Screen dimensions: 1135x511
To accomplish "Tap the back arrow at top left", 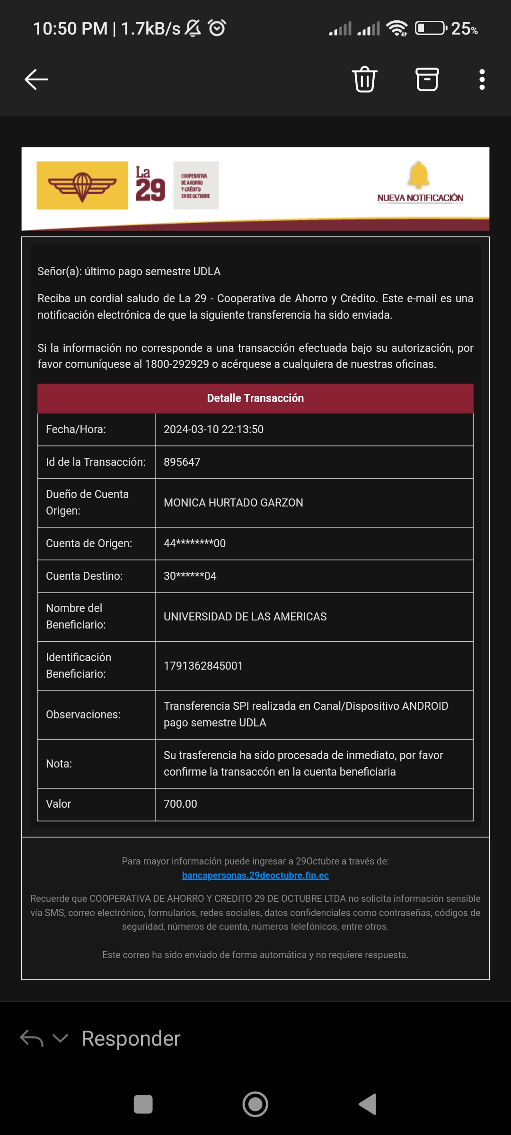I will [36, 79].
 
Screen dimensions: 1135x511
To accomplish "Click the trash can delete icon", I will [364, 79].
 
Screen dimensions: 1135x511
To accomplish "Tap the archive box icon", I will [427, 79].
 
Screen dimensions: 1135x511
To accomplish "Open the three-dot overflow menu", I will [482, 79].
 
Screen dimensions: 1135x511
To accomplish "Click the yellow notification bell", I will [419, 175].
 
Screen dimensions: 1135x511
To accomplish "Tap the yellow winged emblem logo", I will [82, 185].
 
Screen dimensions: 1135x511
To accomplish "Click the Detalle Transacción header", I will [255, 398].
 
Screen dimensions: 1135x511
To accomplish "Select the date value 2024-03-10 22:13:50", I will [213, 429].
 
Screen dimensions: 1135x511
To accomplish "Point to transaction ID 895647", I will [182, 462].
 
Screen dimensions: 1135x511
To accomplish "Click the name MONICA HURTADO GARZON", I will [233, 503].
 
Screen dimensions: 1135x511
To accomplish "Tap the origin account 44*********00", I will [194, 543].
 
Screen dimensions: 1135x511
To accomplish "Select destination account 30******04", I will [190, 576].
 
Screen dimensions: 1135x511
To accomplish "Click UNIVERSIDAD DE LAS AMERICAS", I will [245, 617].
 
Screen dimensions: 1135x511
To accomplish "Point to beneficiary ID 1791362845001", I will [203, 666].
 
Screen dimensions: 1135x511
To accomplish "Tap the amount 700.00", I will [180, 804].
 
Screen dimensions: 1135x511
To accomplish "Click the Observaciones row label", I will [83, 715].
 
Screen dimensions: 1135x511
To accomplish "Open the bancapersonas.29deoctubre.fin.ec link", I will [255, 875].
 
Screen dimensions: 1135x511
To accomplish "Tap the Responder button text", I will [131, 1039].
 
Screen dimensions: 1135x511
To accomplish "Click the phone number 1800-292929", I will [177, 364].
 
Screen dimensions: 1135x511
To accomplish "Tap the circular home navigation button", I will [255, 1104].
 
